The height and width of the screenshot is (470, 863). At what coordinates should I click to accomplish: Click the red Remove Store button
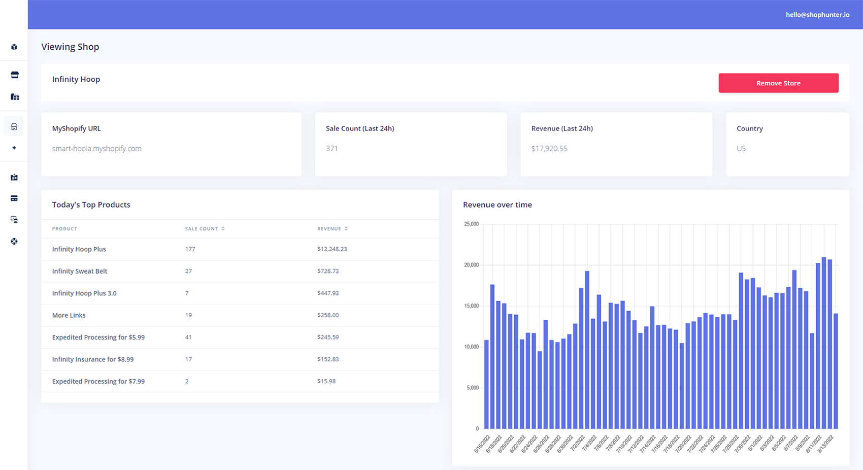(x=778, y=83)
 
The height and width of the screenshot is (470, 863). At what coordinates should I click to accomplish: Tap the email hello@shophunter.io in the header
(x=817, y=15)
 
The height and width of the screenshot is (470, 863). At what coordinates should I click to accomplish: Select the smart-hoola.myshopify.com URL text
(x=96, y=149)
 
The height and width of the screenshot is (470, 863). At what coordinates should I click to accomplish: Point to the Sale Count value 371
(x=332, y=149)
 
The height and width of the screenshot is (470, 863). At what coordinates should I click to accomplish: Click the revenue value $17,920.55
(x=549, y=149)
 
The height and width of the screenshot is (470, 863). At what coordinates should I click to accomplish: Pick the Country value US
(x=741, y=149)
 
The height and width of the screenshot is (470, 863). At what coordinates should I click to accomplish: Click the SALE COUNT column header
(x=201, y=229)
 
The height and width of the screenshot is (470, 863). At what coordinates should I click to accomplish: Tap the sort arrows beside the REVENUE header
(x=346, y=229)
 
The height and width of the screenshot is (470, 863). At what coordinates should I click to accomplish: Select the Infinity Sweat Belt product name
(x=80, y=271)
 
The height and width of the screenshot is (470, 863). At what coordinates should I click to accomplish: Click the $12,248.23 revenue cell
(x=332, y=249)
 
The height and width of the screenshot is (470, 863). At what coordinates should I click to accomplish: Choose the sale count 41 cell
(x=188, y=337)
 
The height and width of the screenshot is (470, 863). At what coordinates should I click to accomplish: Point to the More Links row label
(x=69, y=315)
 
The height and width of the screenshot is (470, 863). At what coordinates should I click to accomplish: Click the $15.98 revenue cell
(x=326, y=381)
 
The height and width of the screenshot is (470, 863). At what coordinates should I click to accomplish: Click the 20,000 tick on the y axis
(x=471, y=265)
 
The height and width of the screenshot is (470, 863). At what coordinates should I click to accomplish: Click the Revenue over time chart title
(x=497, y=205)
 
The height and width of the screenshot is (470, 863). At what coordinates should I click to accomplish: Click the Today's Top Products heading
(x=91, y=205)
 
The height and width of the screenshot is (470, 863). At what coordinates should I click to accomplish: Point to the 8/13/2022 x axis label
(x=825, y=444)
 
